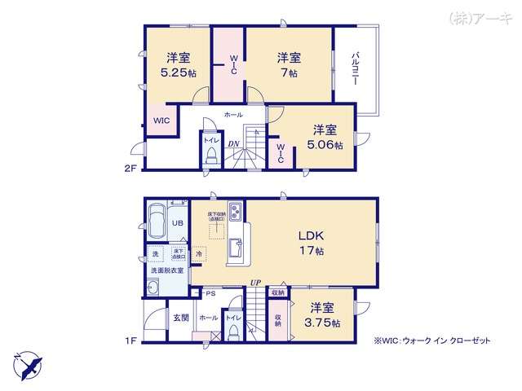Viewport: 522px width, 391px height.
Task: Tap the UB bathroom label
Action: point(176,223)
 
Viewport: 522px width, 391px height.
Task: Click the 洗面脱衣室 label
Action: point(166,270)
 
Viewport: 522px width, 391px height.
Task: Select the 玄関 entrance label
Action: point(179,318)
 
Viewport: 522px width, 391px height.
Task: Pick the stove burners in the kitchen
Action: point(235,212)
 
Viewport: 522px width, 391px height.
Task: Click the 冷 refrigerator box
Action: point(199,254)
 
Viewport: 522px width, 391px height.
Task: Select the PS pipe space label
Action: point(210,292)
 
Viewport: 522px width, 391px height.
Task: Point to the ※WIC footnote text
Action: point(432,341)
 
